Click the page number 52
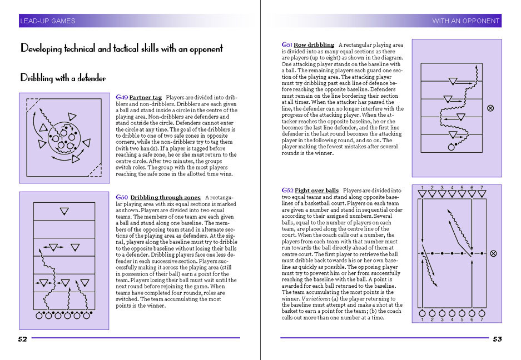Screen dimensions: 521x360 (22, 339)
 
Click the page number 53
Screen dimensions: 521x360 (498, 339)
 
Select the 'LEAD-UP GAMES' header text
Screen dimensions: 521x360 (48, 21)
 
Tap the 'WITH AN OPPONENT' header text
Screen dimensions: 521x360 (465, 21)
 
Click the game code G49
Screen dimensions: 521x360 (122, 97)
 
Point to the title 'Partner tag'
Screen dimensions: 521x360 (146, 97)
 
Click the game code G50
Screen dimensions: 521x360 (122, 197)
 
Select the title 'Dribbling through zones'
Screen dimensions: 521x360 (166, 197)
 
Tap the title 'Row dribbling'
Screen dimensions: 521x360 (314, 45)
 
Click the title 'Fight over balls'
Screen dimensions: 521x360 (316, 191)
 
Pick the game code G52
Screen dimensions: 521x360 (287, 191)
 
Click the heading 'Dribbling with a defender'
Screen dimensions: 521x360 (63, 78)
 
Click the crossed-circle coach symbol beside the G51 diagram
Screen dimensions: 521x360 (490, 108)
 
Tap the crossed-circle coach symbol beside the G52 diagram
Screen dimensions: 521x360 (493, 253)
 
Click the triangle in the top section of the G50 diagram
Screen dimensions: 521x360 (64, 211)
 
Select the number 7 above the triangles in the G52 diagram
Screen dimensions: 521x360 (482, 188)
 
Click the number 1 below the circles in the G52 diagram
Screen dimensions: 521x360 (422, 319)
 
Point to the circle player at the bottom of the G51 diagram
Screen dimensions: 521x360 (451, 147)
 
